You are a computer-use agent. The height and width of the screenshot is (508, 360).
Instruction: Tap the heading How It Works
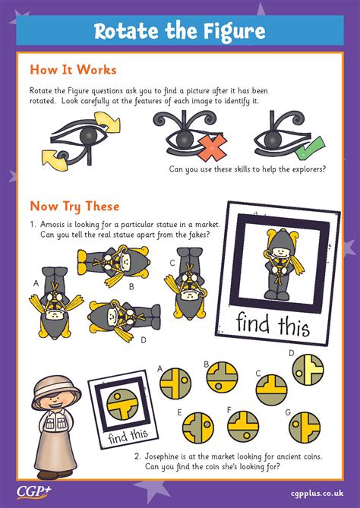(73, 70)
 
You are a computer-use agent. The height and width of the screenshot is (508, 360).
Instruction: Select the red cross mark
(212, 147)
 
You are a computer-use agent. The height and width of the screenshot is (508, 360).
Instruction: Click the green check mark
(310, 148)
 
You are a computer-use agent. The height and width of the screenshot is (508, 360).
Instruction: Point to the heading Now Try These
(74, 207)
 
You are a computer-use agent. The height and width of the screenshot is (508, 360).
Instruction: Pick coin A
(175, 383)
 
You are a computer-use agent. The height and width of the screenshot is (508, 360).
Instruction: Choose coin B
(222, 377)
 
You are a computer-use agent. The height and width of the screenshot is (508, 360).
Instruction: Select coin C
(271, 390)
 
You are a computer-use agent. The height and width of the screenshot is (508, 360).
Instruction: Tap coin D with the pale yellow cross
(308, 370)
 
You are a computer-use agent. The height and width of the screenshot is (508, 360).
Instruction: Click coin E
(198, 428)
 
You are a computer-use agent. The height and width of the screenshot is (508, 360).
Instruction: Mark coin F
(243, 426)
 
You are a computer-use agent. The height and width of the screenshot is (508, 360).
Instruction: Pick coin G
(305, 428)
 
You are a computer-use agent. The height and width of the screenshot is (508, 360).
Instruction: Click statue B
(113, 264)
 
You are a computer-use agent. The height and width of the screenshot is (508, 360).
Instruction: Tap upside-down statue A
(55, 302)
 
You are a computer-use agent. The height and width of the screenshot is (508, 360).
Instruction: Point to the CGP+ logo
(34, 491)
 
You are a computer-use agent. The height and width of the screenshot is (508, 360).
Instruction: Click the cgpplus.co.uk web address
(317, 494)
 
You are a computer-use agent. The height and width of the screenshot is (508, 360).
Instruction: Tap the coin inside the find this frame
(122, 404)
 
